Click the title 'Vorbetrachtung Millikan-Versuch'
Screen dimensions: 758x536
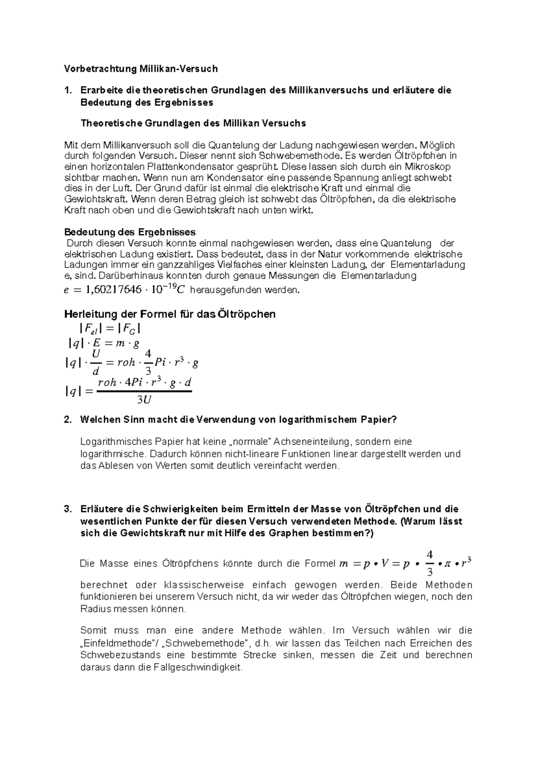[141, 69]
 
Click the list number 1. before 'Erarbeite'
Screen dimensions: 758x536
[67, 90]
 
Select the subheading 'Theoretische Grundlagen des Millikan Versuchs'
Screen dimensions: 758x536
[193, 123]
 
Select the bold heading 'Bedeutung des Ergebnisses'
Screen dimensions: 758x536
[130, 232]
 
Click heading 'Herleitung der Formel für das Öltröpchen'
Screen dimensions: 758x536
[170, 314]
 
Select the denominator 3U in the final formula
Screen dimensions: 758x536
[144, 400]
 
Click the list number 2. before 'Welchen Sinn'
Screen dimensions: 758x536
[67, 420]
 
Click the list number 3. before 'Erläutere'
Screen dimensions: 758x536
[67, 509]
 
